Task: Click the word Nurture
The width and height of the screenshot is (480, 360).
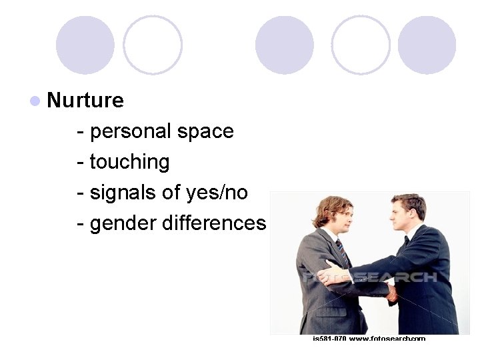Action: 85,101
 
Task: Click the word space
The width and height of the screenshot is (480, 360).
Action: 206,131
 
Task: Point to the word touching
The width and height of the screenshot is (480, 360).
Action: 129,162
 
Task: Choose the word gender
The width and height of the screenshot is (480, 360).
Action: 123,223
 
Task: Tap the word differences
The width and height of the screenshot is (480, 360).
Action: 214,223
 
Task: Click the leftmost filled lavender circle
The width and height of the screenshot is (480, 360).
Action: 85,45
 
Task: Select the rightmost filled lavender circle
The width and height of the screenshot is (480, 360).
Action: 427,45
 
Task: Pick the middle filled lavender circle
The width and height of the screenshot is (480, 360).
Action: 285,45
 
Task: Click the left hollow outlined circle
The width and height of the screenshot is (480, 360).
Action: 153,45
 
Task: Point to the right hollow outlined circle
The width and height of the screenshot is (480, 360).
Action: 361,45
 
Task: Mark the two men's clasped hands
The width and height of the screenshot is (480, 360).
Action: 392,292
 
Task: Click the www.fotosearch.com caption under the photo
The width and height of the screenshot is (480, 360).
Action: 387,339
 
